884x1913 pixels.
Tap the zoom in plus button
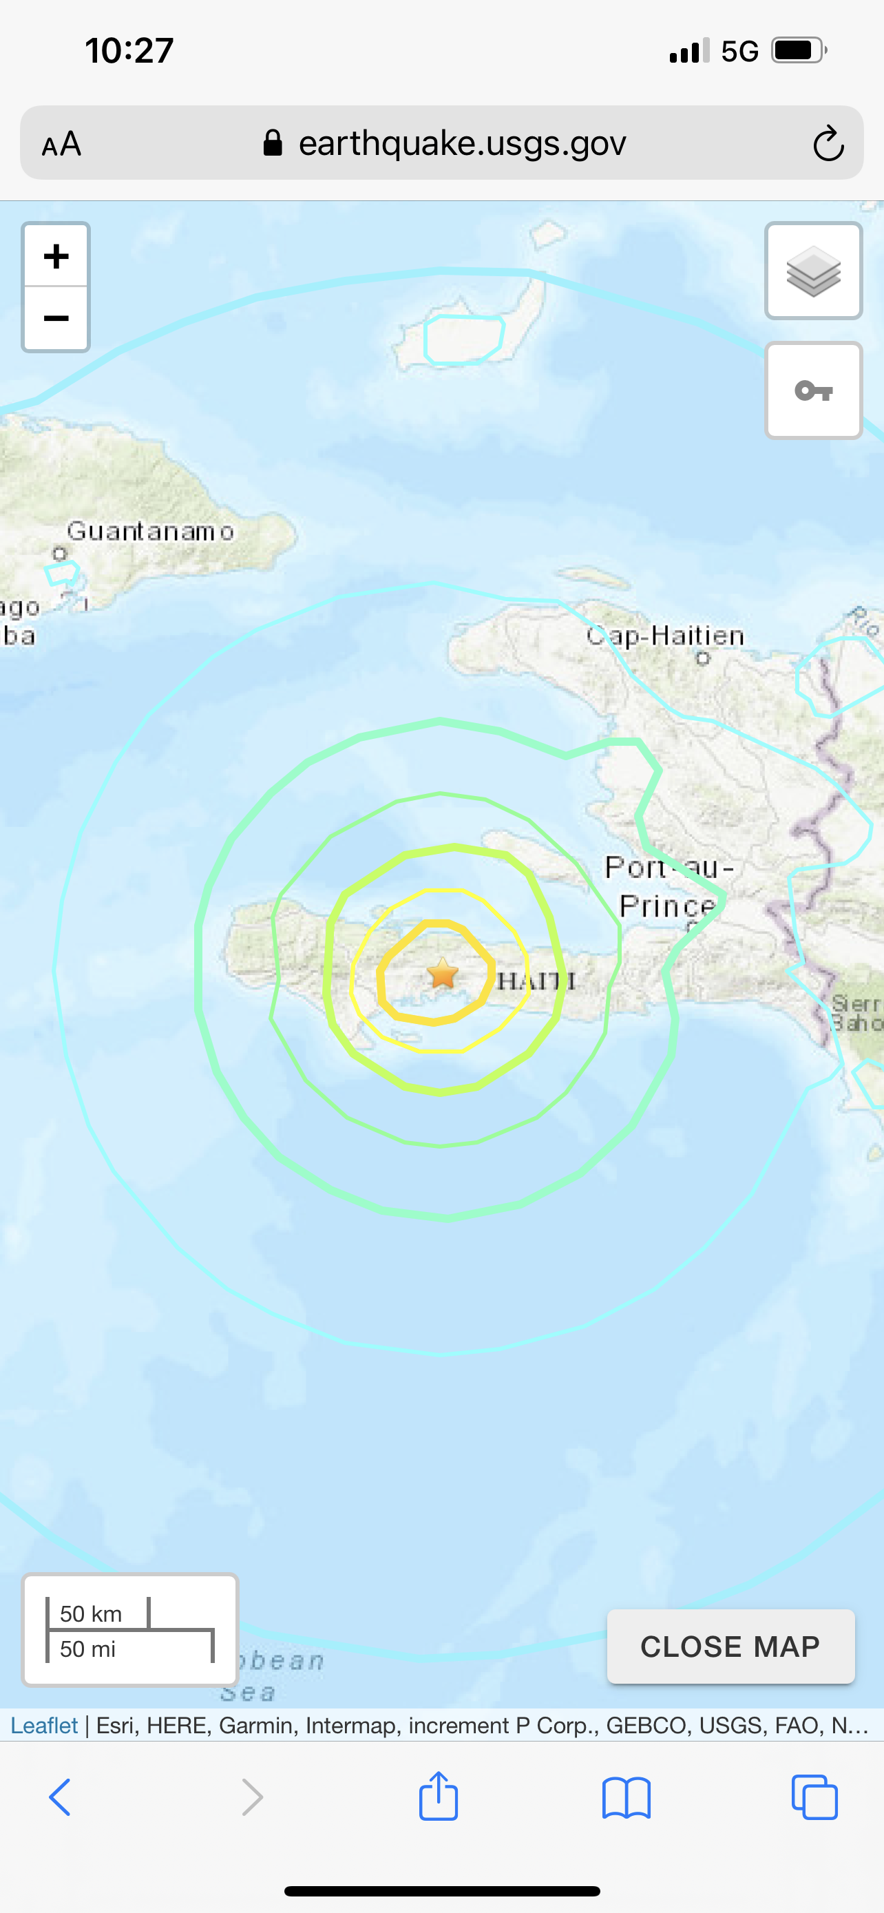click(56, 256)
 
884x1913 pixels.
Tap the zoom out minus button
click(56, 319)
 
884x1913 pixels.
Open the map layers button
click(814, 271)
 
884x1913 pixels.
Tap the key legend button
click(814, 390)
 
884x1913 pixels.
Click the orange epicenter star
click(443, 973)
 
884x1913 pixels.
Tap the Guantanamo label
click(151, 532)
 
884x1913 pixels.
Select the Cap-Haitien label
click(665, 636)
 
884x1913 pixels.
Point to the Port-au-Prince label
click(668, 887)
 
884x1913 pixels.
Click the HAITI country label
click(536, 981)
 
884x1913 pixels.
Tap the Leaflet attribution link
click(44, 1725)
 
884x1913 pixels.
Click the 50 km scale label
click(91, 1613)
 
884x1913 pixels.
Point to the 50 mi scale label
click(87, 1649)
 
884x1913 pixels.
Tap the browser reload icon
click(828, 143)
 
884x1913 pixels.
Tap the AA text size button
click(61, 144)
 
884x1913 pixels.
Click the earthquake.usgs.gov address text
click(462, 143)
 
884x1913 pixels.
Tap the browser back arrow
click(60, 1798)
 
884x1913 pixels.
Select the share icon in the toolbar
click(439, 1797)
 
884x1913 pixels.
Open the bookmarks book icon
click(627, 1798)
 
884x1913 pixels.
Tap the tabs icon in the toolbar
click(814, 1798)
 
